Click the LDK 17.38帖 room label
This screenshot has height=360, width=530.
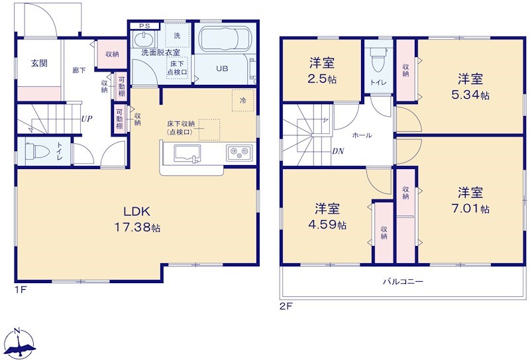(x=137, y=219)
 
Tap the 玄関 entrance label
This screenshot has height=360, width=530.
(x=39, y=63)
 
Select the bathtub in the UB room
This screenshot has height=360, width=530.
(x=225, y=40)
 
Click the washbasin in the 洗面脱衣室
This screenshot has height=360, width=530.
(x=144, y=40)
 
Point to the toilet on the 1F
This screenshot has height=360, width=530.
(x=37, y=151)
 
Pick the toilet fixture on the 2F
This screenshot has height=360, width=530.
(x=378, y=59)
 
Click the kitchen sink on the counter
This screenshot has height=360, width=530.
(x=187, y=154)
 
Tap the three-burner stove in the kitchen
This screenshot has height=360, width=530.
(x=240, y=153)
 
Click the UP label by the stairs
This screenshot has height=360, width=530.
(x=87, y=119)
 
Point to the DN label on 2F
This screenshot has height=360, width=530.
(x=338, y=151)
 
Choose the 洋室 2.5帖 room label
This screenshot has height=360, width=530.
(x=322, y=71)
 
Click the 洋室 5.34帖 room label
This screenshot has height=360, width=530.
(x=470, y=87)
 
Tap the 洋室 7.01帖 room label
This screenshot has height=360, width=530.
(x=470, y=200)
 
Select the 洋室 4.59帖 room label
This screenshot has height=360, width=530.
(x=327, y=217)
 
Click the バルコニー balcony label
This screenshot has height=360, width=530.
(x=403, y=281)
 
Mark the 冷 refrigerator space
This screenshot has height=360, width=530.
(x=243, y=101)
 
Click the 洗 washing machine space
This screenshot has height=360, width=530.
(x=177, y=35)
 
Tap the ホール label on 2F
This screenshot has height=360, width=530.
(x=362, y=135)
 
